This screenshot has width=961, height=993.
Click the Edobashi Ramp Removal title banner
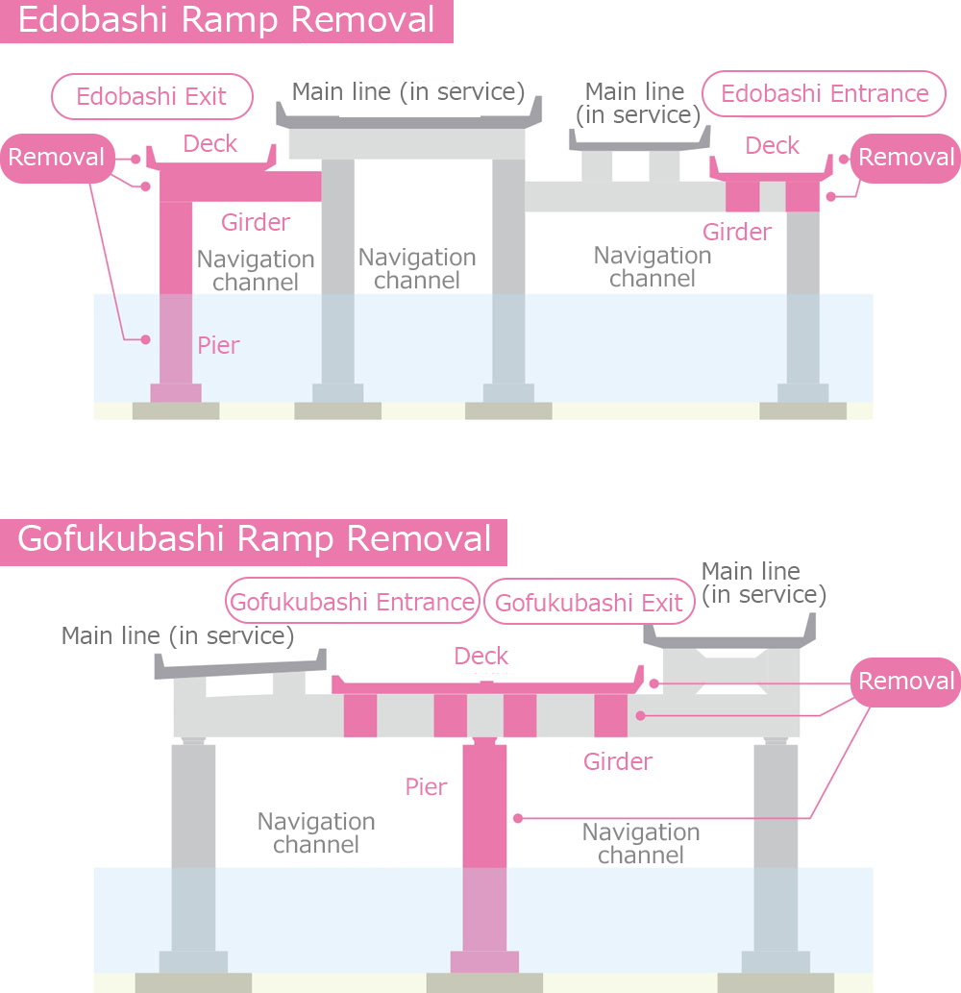(x=227, y=21)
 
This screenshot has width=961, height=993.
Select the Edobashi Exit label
(x=152, y=97)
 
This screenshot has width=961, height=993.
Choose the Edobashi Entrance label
(x=824, y=93)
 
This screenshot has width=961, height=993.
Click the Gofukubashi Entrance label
(x=353, y=602)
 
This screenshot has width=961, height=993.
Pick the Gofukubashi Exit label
(x=589, y=604)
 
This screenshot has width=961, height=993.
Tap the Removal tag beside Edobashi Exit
(x=57, y=158)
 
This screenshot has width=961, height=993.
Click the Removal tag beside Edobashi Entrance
(x=906, y=158)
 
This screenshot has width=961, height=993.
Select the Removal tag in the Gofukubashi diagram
(x=906, y=682)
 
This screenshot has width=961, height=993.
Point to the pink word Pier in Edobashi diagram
(x=218, y=345)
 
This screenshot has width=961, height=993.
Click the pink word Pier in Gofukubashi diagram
(x=426, y=787)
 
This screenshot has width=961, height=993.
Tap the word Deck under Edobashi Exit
(x=209, y=144)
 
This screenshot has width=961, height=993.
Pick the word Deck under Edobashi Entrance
(x=772, y=145)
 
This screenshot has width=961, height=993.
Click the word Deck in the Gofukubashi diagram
(x=480, y=657)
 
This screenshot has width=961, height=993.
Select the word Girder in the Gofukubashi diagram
(x=618, y=762)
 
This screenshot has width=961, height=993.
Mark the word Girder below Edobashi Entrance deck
(x=736, y=232)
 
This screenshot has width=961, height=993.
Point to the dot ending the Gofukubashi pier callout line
(x=518, y=818)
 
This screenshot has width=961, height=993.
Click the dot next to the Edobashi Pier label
(x=146, y=339)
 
